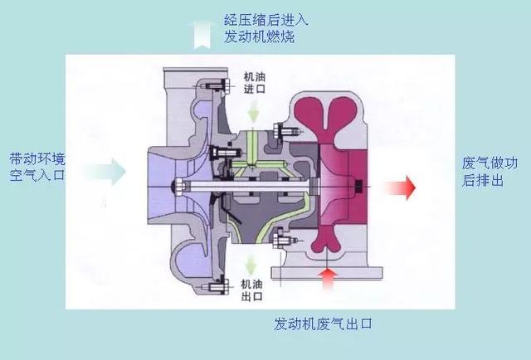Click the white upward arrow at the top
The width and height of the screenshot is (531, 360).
coord(200,34)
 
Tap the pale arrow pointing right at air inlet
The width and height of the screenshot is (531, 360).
coord(104,172)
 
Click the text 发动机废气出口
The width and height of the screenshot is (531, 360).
coord(329,324)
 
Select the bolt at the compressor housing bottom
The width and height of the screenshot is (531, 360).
coord(218,287)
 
